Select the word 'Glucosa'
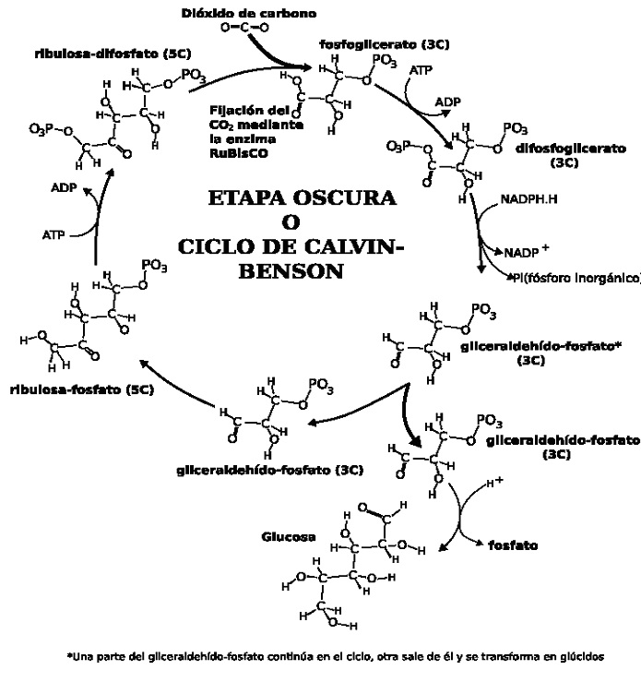pos(290,536)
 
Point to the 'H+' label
pos(494,483)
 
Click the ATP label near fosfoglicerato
pos(420,70)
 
